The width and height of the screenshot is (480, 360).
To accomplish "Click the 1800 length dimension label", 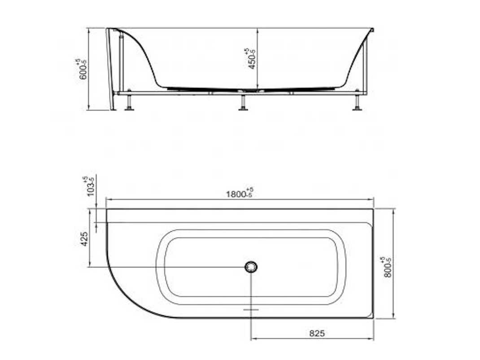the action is pos(240,193).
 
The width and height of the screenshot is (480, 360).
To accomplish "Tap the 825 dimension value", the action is pos(317,333).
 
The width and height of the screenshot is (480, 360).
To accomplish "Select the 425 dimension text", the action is pos(84,239).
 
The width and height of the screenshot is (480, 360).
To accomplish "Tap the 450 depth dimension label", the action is pos(251,59).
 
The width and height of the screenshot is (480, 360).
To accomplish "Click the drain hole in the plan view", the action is pos(251,267).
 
